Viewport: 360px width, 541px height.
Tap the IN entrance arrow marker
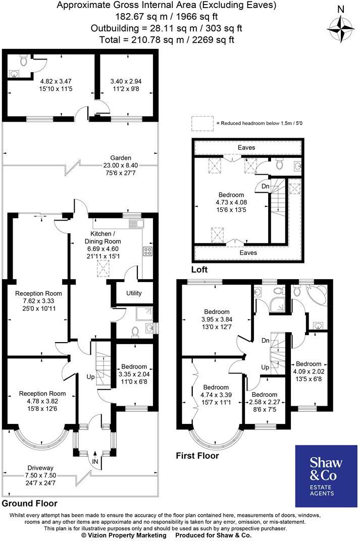[x=94, y=461]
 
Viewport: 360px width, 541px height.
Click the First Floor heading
[x=197, y=456]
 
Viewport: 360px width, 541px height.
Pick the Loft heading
[x=199, y=269]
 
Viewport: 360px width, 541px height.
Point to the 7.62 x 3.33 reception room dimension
[x=38, y=301]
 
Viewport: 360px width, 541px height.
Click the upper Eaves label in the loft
[x=247, y=147]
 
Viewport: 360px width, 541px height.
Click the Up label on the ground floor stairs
[x=91, y=377]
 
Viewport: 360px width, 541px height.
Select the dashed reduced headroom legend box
[x=202, y=123]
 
